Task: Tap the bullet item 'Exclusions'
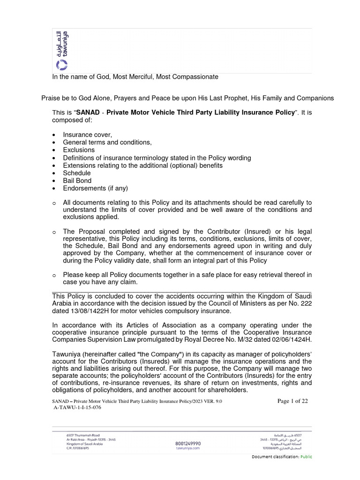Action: point(79,150)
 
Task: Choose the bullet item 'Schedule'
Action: point(77,173)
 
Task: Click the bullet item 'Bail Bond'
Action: point(77,180)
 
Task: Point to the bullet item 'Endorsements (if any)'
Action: point(95,188)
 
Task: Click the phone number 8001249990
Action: point(187,443)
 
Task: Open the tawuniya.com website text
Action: point(187,448)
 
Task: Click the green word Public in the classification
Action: point(306,457)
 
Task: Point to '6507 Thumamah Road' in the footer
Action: point(83,435)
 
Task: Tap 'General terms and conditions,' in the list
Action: point(107,142)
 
